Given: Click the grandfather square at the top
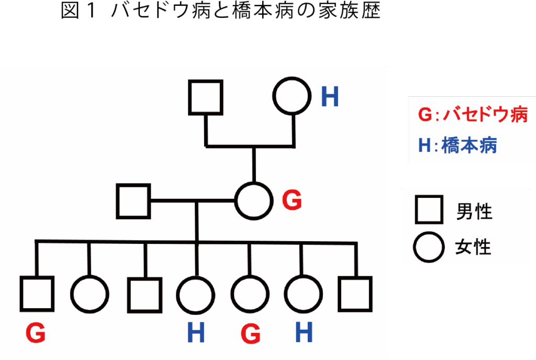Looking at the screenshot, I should tap(206, 97).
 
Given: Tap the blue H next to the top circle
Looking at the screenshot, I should tap(330, 97).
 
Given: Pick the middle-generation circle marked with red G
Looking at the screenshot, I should tap(254, 200).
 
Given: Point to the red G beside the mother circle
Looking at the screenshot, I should tap(292, 200).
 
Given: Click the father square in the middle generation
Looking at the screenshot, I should tap(133, 201).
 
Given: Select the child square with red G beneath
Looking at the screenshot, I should tap(37, 294).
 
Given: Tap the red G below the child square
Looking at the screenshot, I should tap(36, 333).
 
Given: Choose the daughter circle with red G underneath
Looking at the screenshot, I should tap(250, 294).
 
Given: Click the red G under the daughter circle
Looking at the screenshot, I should tap(251, 333).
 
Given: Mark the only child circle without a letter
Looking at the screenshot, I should tap(90, 294).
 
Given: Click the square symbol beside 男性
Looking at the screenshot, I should tap(428, 212).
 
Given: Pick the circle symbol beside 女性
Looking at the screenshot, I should tap(428, 246).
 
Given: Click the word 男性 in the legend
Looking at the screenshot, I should tap(474, 212).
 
